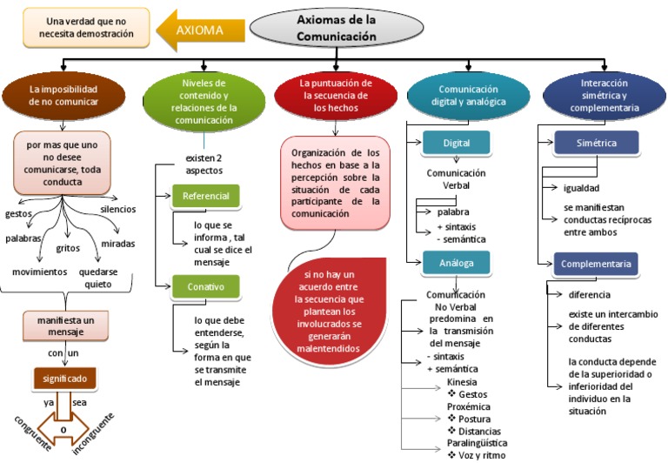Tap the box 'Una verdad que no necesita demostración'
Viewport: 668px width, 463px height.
click(x=78, y=26)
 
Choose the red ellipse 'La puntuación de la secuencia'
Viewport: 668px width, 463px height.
click(x=335, y=96)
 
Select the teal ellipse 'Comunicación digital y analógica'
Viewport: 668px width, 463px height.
click(x=468, y=96)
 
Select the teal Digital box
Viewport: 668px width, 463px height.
click(x=456, y=143)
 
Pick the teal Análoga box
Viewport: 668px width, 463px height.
click(x=456, y=261)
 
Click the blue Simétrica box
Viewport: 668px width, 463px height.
click(x=596, y=143)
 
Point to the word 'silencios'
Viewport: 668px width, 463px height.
click(x=118, y=210)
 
